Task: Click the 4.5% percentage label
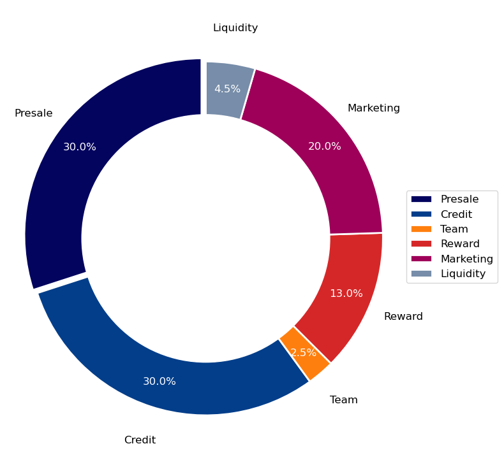click(x=227, y=89)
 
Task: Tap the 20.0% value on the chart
click(x=324, y=147)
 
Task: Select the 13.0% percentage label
click(x=346, y=294)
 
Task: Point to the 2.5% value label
click(x=303, y=352)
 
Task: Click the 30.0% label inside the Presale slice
click(x=80, y=147)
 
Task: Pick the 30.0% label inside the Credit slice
click(x=159, y=382)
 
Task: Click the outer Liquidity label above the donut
click(x=235, y=28)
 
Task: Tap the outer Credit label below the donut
click(x=140, y=440)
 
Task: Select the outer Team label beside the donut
click(x=344, y=400)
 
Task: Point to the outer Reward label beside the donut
click(x=403, y=317)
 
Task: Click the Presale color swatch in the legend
click(x=421, y=199)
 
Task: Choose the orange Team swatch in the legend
click(x=421, y=229)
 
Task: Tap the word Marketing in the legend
click(x=466, y=259)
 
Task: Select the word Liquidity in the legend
click(x=463, y=274)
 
